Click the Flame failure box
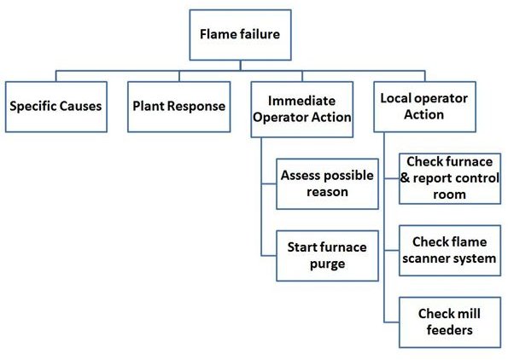(240, 35)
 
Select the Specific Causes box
(56, 107)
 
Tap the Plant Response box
(178, 107)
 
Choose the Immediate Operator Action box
(302, 109)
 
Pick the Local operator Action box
(424, 107)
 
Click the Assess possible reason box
(327, 183)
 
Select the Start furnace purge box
(327, 255)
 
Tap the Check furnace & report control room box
(450, 178)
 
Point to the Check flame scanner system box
(450, 250)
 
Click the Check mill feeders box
(450, 322)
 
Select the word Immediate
(301, 101)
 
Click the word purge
(327, 264)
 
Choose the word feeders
(449, 330)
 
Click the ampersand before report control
(405, 177)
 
